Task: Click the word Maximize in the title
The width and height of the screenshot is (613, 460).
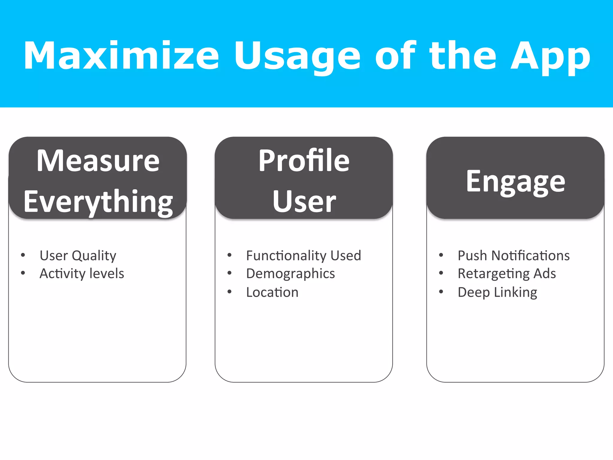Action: (x=121, y=56)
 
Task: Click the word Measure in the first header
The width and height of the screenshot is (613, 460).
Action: (x=98, y=161)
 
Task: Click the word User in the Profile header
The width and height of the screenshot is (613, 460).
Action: (x=304, y=202)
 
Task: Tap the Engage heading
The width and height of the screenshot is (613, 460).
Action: (x=515, y=181)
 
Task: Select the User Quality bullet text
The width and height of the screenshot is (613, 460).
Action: (x=78, y=255)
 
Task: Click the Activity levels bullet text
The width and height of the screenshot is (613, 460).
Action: (x=82, y=273)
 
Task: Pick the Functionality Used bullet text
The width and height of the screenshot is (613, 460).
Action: (x=304, y=255)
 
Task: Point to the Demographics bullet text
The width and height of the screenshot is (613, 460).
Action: (x=290, y=273)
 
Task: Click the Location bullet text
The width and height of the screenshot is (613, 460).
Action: (x=272, y=292)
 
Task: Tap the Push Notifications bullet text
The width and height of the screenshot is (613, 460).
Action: (x=513, y=255)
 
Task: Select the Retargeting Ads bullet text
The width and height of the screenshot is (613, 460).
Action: (x=506, y=273)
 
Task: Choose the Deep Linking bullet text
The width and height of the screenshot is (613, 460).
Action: (x=497, y=292)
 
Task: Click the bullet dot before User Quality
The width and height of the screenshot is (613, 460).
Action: (x=23, y=255)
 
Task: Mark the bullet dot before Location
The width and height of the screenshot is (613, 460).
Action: (x=230, y=292)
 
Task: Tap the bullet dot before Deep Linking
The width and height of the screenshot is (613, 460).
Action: (x=441, y=292)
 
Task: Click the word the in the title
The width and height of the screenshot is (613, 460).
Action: (x=463, y=56)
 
